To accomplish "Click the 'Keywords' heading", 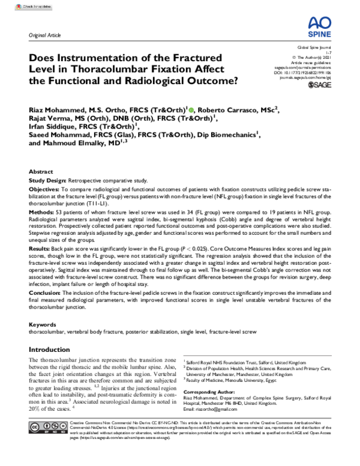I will pyautogui.click(x=43, y=324).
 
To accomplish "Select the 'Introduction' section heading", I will pyautogui.click(x=51, y=350).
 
